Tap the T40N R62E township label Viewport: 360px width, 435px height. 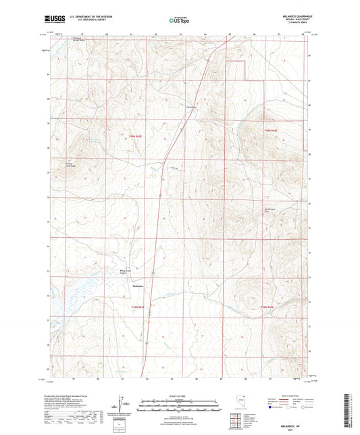pyautogui.click(x=270, y=129)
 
